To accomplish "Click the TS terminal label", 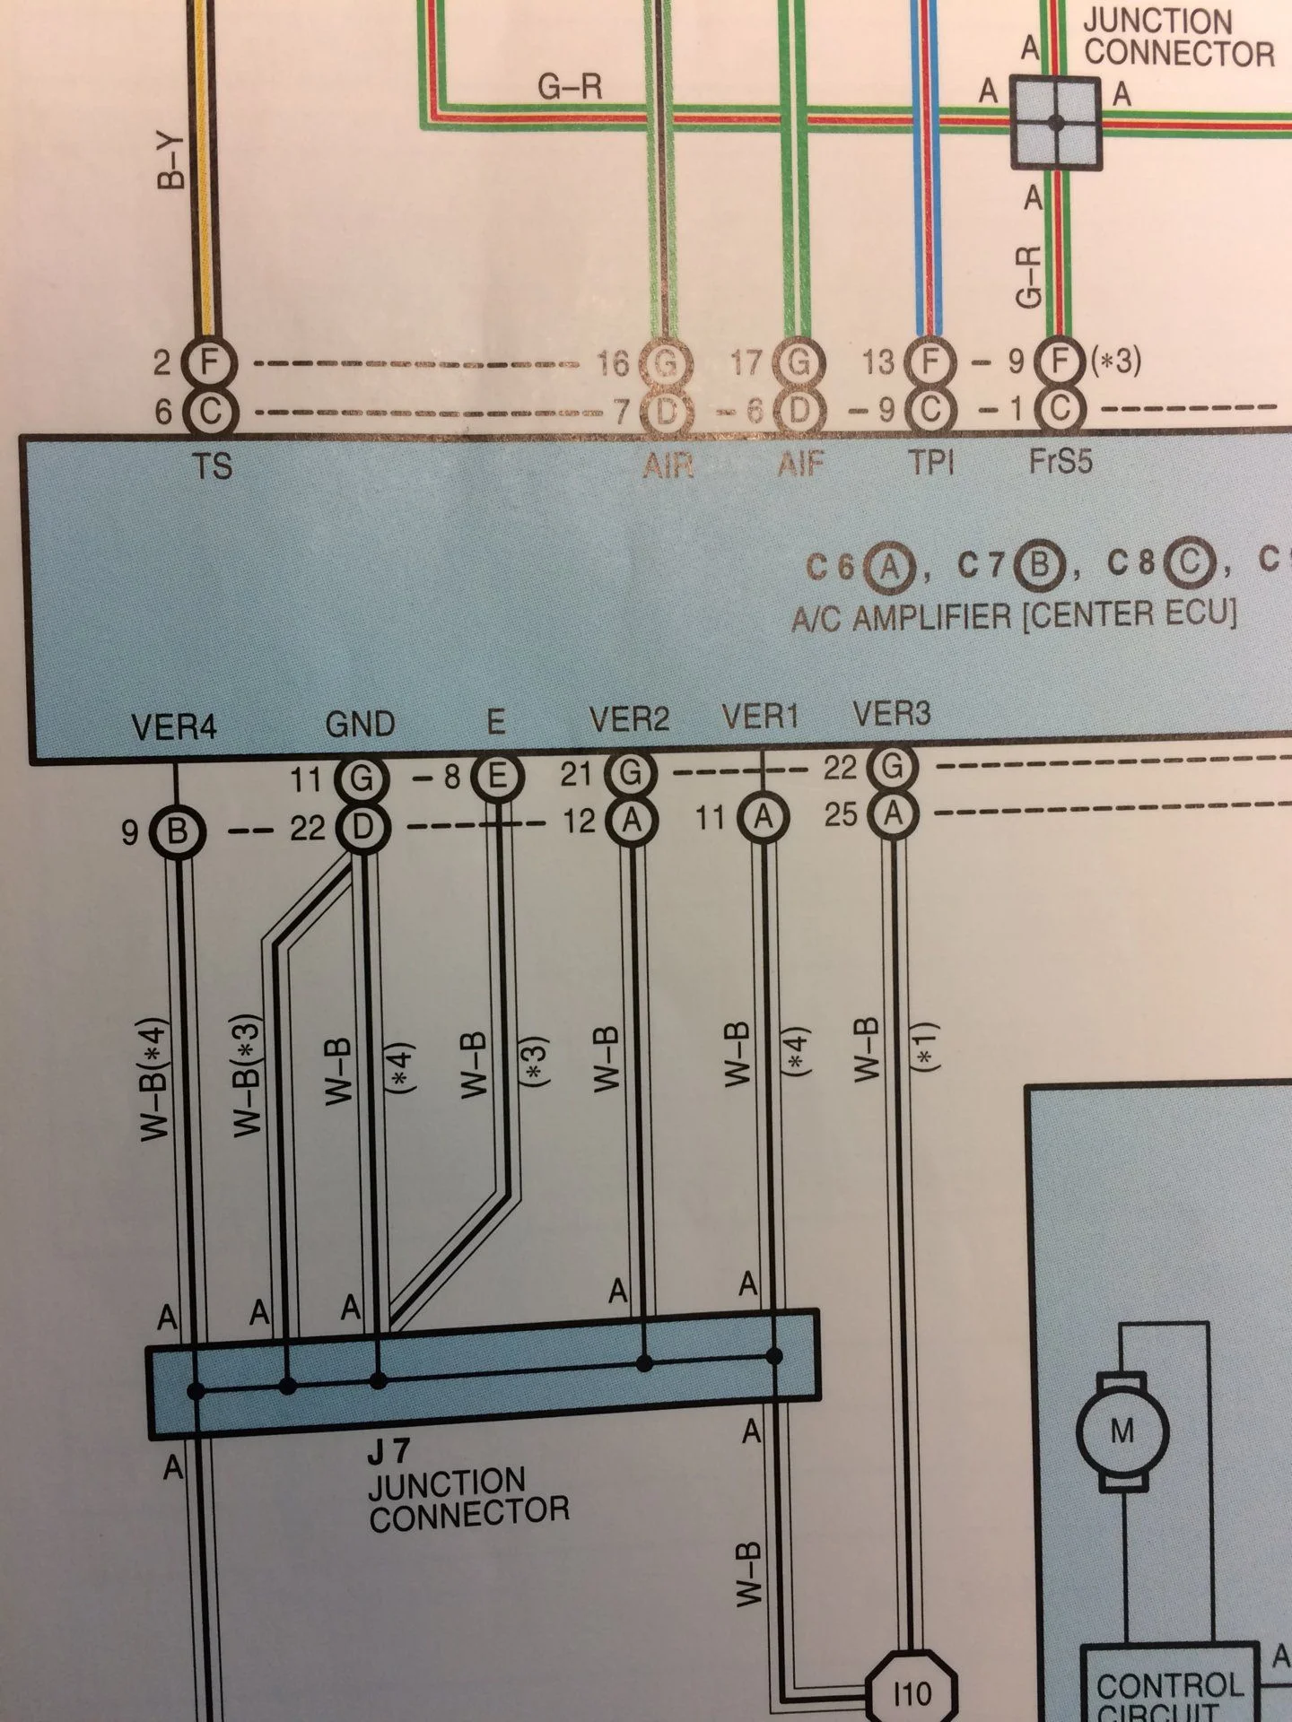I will [x=213, y=466].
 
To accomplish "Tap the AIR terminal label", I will [x=668, y=465].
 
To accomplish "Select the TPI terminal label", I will [x=930, y=463].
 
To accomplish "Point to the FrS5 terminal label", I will [x=1061, y=462].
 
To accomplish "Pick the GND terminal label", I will [x=360, y=724].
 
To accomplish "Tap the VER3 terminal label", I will [x=892, y=714].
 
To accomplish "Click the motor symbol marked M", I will [x=1122, y=1430].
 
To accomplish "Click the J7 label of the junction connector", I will [x=388, y=1451].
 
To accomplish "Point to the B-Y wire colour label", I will [x=170, y=162].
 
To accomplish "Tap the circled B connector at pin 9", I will [x=178, y=832].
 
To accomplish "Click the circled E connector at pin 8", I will [x=496, y=777].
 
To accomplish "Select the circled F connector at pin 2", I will [x=208, y=363].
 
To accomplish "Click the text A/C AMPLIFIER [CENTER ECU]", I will [x=1014, y=616].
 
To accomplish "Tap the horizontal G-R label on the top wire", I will [x=570, y=87].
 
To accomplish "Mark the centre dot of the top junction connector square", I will [x=1057, y=123].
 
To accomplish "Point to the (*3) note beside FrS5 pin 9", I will [x=1115, y=361].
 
